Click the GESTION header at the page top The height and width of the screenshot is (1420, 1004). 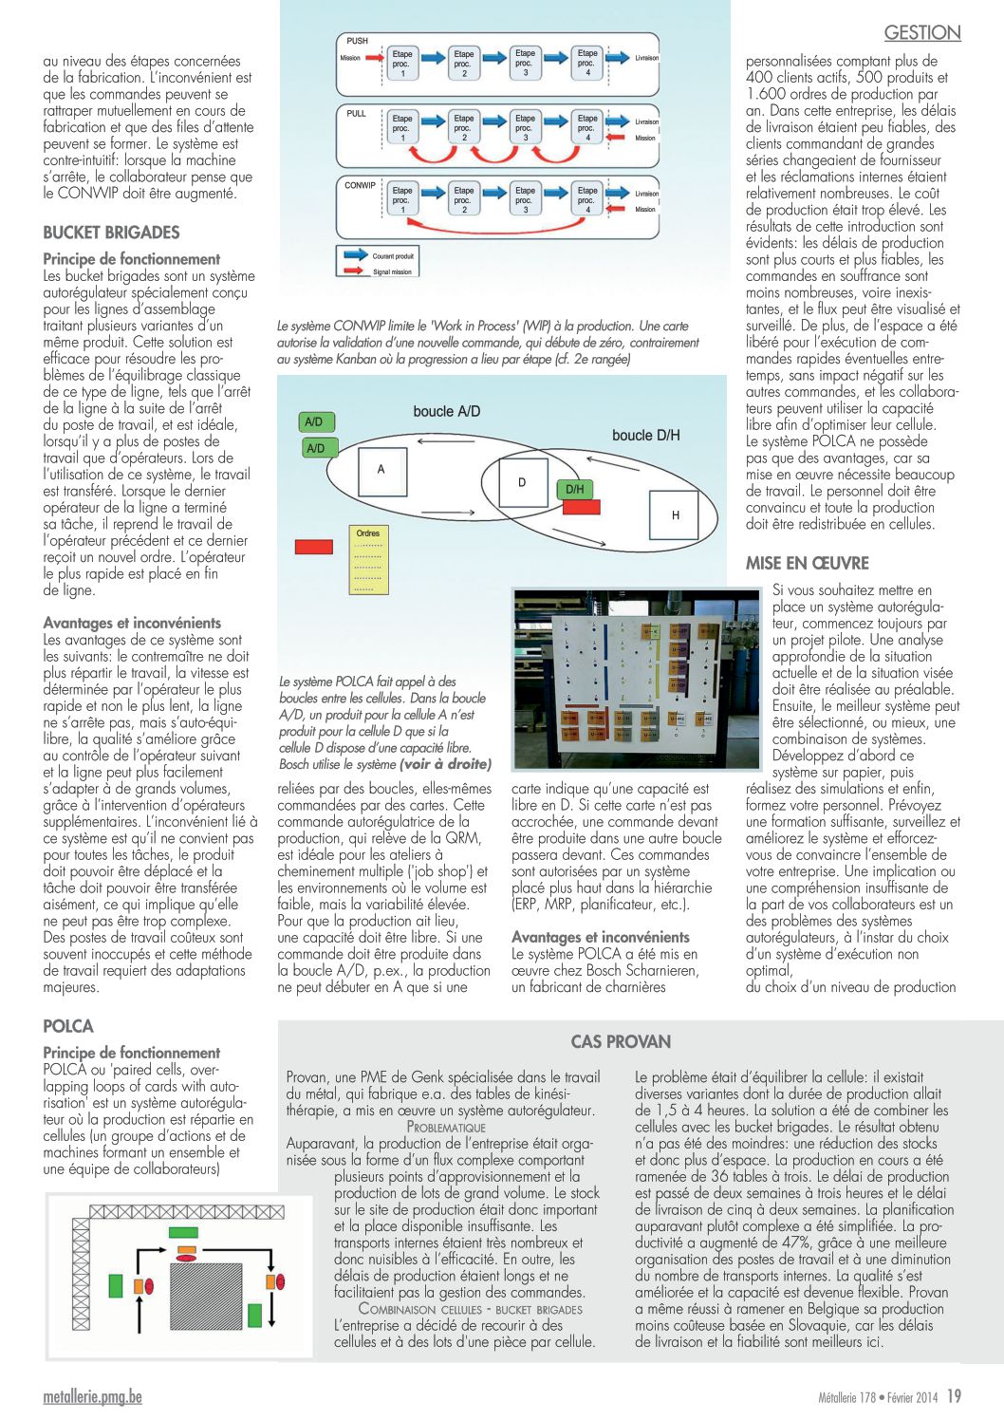pyautogui.click(x=921, y=33)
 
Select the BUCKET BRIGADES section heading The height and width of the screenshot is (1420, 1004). pyautogui.click(x=111, y=233)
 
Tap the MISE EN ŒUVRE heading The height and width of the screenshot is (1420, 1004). pyautogui.click(x=807, y=563)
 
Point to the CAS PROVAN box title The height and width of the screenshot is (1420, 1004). pyautogui.click(x=621, y=1041)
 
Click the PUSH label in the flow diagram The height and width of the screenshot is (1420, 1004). pyautogui.click(x=357, y=41)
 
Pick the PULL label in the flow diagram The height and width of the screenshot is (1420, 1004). pyautogui.click(x=356, y=113)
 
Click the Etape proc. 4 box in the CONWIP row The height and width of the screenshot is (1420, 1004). pyautogui.click(x=587, y=199)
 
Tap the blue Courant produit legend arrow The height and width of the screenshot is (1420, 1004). pyautogui.click(x=356, y=255)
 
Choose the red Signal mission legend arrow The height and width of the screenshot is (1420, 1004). pyautogui.click(x=356, y=271)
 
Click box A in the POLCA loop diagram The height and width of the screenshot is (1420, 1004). pyautogui.click(x=381, y=470)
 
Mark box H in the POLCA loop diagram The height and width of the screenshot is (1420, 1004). pyautogui.click(x=675, y=515)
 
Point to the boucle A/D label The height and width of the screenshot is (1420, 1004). pyautogui.click(x=447, y=411)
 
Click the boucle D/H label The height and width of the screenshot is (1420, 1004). pyautogui.click(x=645, y=435)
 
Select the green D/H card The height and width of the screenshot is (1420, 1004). pyautogui.click(x=575, y=490)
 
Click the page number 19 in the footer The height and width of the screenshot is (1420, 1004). pyautogui.click(x=954, y=1396)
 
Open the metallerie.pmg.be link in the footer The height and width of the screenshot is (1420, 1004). pyautogui.click(x=92, y=1397)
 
